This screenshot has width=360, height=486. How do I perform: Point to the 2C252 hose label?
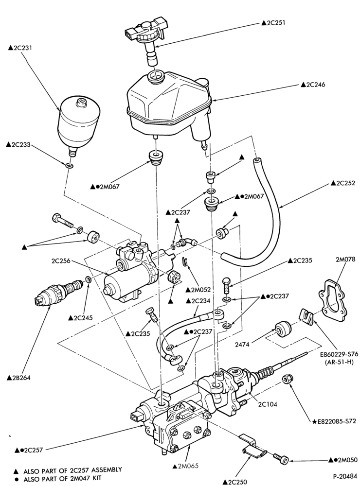343,183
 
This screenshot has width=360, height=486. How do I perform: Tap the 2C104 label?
268,404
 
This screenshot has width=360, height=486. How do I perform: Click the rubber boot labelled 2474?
282,330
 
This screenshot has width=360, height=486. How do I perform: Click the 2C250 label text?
235,482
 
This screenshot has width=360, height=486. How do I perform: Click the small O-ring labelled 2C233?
69,166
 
